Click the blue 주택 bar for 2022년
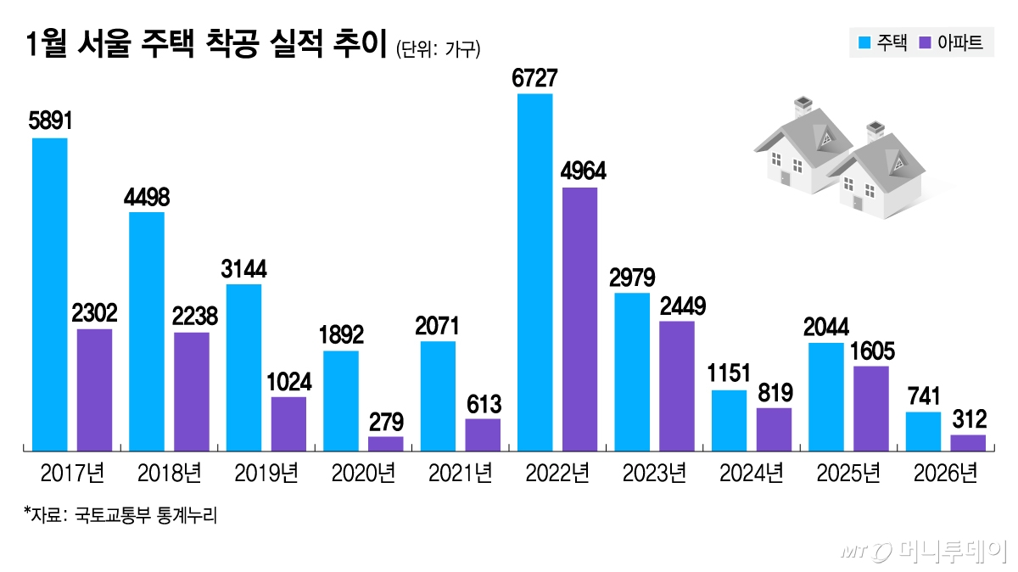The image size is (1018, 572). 534,272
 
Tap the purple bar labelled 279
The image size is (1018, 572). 386,442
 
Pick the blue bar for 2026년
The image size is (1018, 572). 923,430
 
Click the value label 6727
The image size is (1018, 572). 534,79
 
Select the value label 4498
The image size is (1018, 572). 146,198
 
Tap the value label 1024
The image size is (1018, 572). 288,382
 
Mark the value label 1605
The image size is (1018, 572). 871,351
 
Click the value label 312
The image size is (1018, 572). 968,420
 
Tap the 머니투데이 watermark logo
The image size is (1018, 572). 925,552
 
